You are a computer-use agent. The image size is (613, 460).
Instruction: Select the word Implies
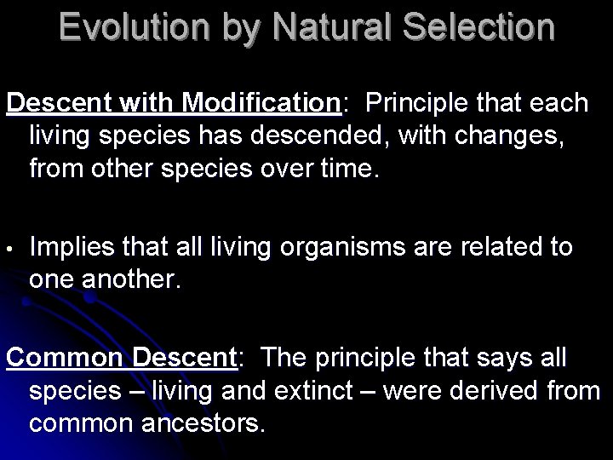point(72,248)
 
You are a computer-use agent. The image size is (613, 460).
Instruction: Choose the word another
point(131,280)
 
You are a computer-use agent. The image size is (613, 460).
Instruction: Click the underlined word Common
point(66,357)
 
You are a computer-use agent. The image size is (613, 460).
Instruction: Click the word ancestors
point(203,423)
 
